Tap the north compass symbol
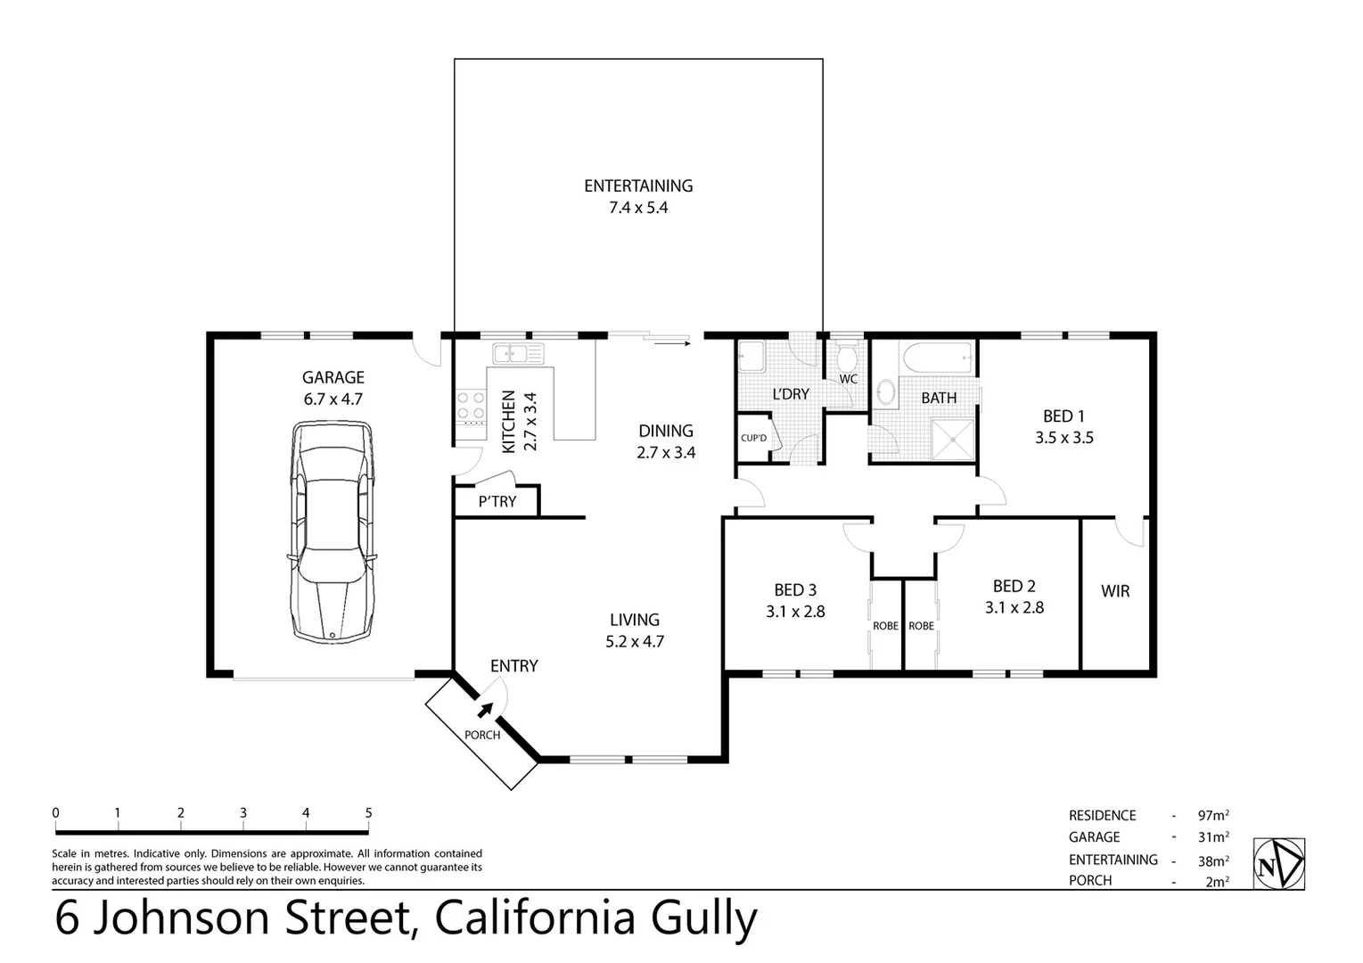[x=1278, y=863]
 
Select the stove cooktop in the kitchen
[x=470, y=406]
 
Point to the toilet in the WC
[x=847, y=358]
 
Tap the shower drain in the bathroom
[x=955, y=439]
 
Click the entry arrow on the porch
[x=485, y=709]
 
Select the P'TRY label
[x=497, y=502]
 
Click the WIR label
[x=1114, y=591]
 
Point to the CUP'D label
[x=753, y=439]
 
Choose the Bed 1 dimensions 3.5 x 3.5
[x=1063, y=438]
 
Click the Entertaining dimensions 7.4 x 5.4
[x=638, y=208]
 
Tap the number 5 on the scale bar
[x=368, y=812]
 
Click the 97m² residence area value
[x=1213, y=815]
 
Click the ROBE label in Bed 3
[x=885, y=626]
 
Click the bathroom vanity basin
[x=886, y=391]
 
